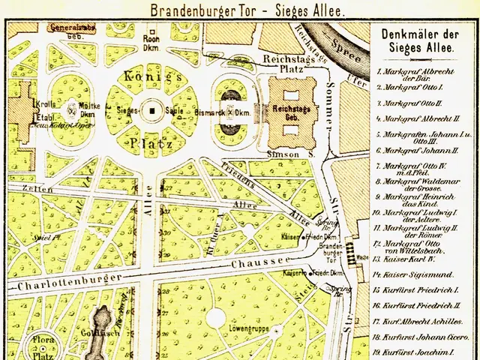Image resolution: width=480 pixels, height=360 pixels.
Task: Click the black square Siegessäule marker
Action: pyautogui.click(x=152, y=110)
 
